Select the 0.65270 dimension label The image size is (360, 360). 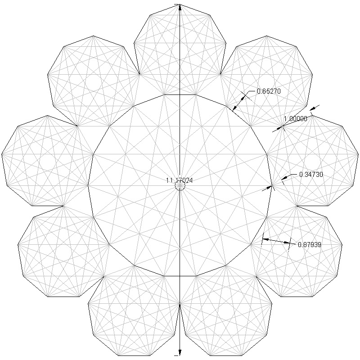coord(269,91)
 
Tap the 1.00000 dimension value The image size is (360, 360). coord(295,119)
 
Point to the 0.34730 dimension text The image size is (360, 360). coord(311,174)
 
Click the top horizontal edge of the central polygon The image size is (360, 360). coord(180,95)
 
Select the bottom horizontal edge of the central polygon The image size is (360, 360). coord(180,275)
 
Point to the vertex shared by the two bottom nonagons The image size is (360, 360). coord(180,304)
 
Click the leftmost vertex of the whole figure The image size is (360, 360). coord(2,154)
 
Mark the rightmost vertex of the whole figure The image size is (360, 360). coord(358,154)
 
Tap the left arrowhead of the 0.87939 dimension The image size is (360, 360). coord(265,239)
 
